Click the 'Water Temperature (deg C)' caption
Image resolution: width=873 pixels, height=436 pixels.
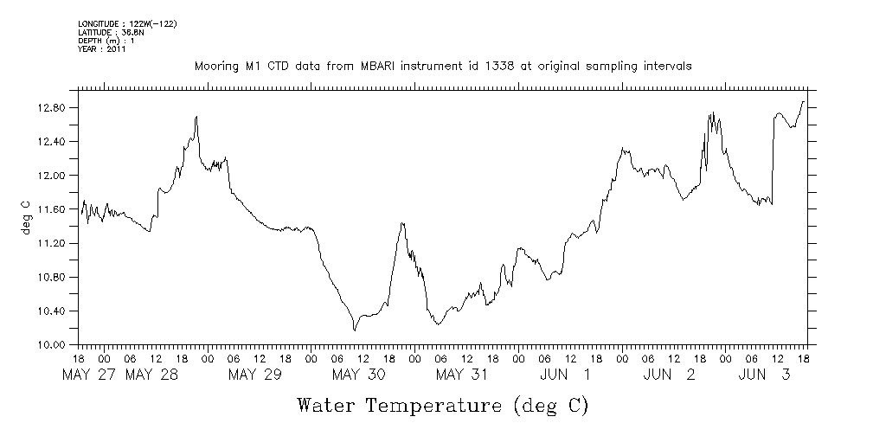(443, 405)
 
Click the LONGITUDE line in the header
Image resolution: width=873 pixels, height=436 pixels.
(127, 23)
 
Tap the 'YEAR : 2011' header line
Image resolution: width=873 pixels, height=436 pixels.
(102, 49)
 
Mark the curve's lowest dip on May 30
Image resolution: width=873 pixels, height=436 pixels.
(355, 330)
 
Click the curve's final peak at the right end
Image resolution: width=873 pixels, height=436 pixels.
(803, 101)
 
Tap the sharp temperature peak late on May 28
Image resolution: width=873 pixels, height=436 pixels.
(197, 116)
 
